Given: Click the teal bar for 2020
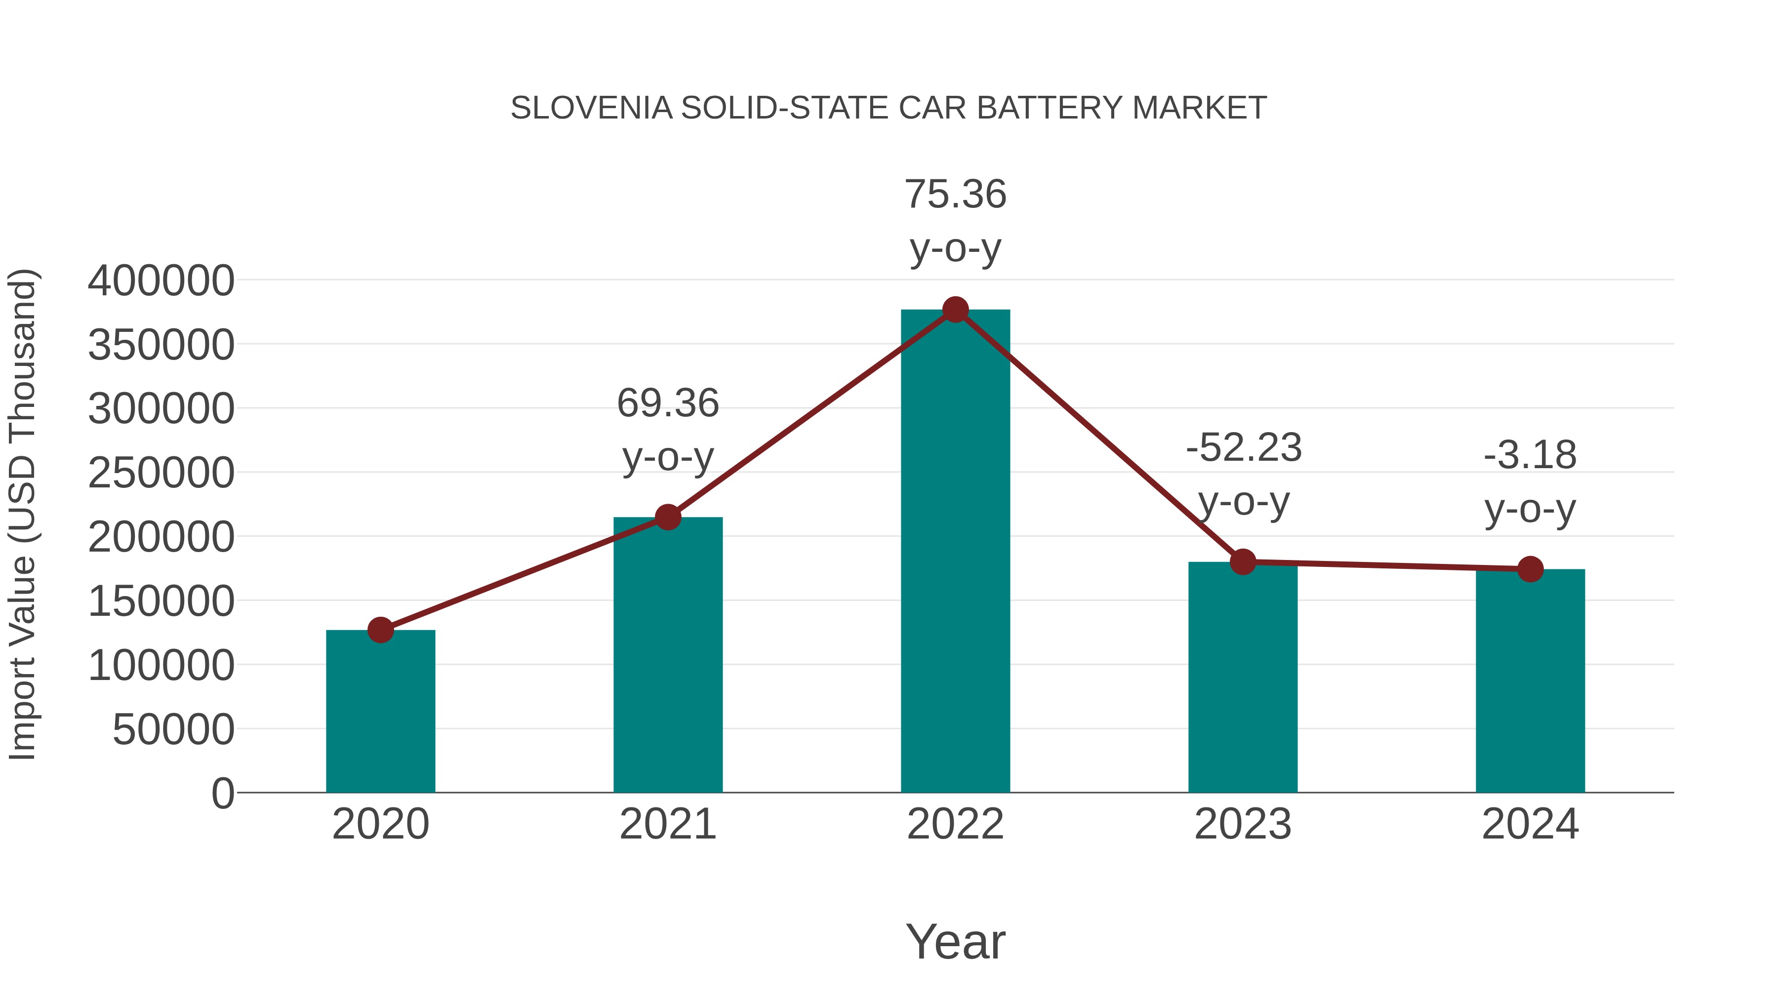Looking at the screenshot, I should (x=380, y=711).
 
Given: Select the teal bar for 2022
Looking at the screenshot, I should (x=955, y=552).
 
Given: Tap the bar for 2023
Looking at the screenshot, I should (x=1243, y=677).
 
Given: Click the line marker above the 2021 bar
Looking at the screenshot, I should (x=667, y=517).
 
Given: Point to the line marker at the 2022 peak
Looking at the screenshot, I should (x=955, y=310).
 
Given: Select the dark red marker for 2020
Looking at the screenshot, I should (x=380, y=630).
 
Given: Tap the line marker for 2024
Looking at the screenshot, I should (x=1530, y=569).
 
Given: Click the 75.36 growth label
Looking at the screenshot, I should (x=955, y=194).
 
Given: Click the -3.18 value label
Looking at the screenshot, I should (x=1530, y=455).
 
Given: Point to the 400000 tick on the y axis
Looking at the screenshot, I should (x=161, y=281).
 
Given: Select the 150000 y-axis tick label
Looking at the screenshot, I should (x=161, y=601).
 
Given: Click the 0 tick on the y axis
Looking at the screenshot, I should (x=222, y=793).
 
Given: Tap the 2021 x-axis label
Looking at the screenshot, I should (x=667, y=824).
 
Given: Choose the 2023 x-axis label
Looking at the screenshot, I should (x=1243, y=824).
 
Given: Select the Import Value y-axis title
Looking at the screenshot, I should (x=22, y=514).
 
